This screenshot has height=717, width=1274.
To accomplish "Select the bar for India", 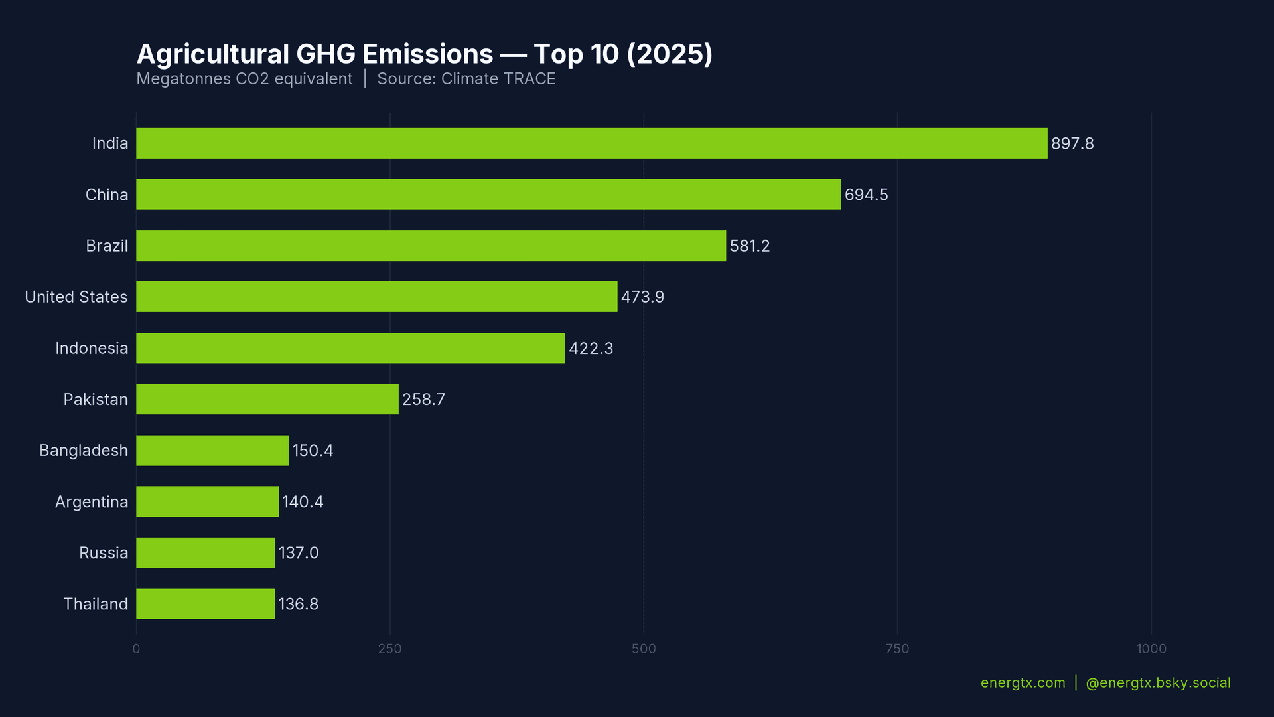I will point(591,143).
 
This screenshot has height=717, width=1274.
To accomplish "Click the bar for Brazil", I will point(431,246).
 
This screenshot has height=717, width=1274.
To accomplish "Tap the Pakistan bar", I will point(267,399).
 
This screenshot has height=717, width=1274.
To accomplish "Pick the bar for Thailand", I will point(205,604).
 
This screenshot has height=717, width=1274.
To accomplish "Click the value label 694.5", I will point(866,195).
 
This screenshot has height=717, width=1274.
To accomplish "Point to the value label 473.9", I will point(642,297).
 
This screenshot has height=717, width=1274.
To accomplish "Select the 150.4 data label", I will point(313,451).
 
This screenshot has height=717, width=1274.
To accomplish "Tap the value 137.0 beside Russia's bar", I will point(298,553).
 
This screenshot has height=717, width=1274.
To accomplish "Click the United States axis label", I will point(76,297).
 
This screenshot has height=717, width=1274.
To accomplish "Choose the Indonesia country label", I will point(92,348).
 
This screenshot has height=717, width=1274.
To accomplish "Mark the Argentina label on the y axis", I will point(92,502).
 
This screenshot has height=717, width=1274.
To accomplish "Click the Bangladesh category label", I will point(84,451).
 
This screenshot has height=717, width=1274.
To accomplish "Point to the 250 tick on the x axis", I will point(389,649).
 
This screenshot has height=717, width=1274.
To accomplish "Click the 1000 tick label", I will point(1151,649).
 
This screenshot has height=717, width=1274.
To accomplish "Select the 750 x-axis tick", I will point(897,649).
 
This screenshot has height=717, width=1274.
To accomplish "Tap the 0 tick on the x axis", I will point(136,649).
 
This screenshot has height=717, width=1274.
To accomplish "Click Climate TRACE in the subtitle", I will point(498,79).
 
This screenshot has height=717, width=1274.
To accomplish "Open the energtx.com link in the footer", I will point(1023,683).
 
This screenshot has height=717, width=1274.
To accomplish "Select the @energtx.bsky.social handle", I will point(1158,683).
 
